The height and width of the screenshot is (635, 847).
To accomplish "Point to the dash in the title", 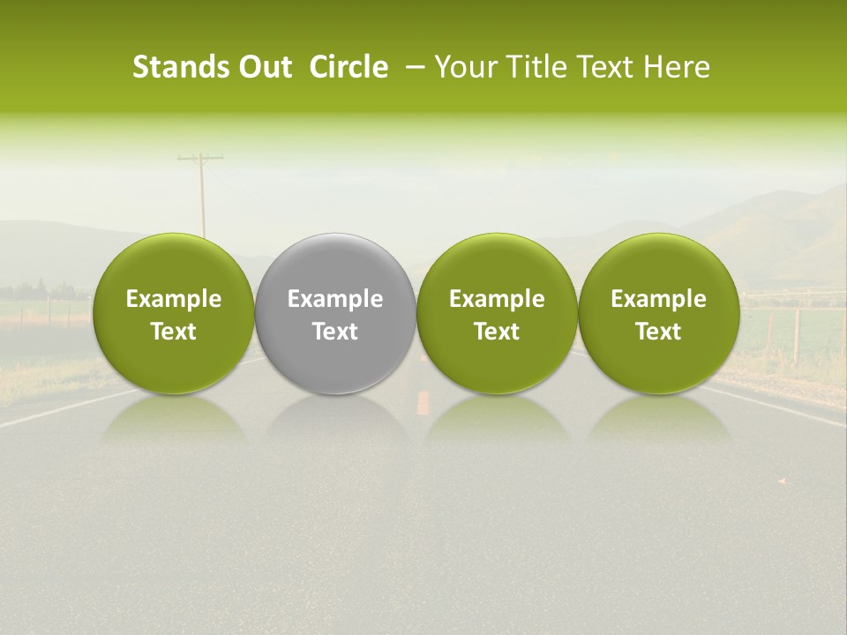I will (x=412, y=67).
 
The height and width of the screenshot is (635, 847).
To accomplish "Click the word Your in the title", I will (x=462, y=67).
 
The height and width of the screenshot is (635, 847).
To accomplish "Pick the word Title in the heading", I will (x=528, y=67).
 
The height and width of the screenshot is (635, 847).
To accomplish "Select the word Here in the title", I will (x=675, y=67).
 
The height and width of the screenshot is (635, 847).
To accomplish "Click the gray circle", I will (x=335, y=265).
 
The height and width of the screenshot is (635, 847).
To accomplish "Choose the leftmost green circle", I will (x=174, y=265).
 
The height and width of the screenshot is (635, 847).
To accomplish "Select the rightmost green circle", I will (x=658, y=265).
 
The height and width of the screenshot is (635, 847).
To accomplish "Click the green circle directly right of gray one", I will (x=497, y=265).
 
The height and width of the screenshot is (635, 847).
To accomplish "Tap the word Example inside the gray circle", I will (x=335, y=299).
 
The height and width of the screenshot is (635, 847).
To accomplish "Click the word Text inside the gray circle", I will (x=335, y=332).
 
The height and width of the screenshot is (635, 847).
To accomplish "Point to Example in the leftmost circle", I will (x=174, y=299).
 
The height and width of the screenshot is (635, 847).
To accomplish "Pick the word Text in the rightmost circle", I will (x=658, y=332).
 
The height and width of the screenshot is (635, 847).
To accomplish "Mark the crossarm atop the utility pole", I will (x=200, y=159).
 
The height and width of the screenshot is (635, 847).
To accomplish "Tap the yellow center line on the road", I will (x=423, y=402).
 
